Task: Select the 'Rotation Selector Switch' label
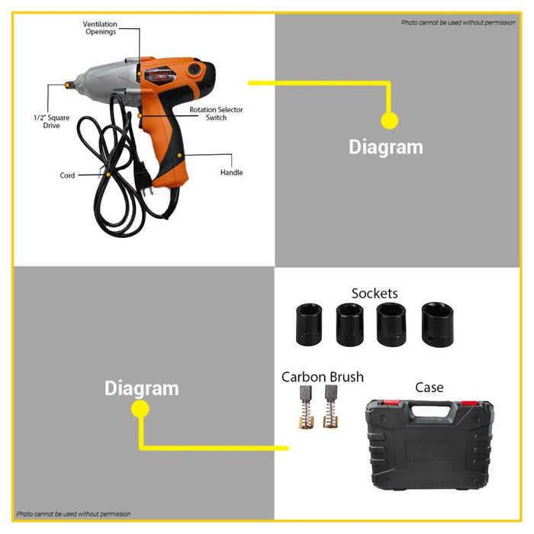coord(216,114)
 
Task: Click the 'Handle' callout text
coord(231,173)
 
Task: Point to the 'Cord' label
coord(68,175)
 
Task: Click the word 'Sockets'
coord(375,293)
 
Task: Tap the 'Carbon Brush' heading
coord(323,377)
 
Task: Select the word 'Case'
coord(429,388)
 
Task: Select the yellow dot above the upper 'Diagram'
coord(389,121)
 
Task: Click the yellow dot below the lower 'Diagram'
coord(140,410)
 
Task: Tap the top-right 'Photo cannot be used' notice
coord(458,23)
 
